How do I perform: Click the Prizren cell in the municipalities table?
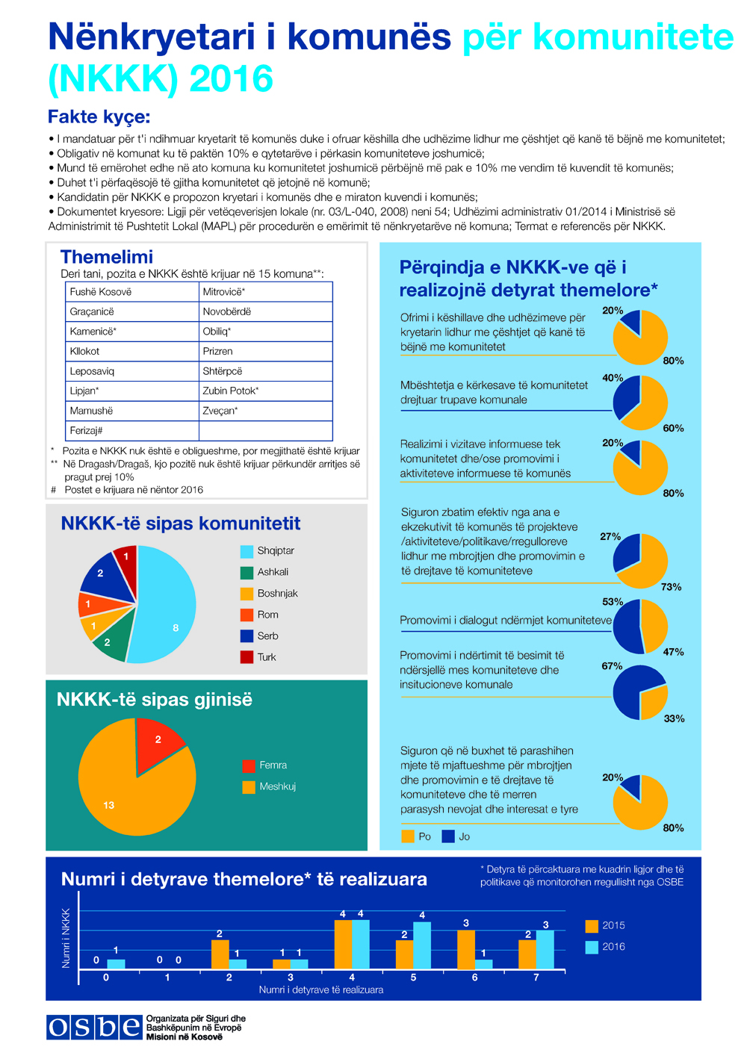point(218,351)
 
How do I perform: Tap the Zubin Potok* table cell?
point(231,391)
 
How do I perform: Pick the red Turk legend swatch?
point(247,657)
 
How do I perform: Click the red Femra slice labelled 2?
point(157,739)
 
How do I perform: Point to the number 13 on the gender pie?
point(109,805)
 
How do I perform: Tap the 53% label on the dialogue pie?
point(613,602)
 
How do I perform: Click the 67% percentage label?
point(612,666)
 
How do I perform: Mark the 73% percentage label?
point(671,587)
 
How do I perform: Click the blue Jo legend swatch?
point(448,836)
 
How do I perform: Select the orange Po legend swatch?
point(408,836)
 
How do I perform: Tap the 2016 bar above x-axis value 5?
point(422,945)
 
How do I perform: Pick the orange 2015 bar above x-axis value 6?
point(466,949)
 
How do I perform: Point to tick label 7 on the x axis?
point(536,978)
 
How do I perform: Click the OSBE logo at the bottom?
point(94,1028)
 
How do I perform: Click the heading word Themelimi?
point(107,257)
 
